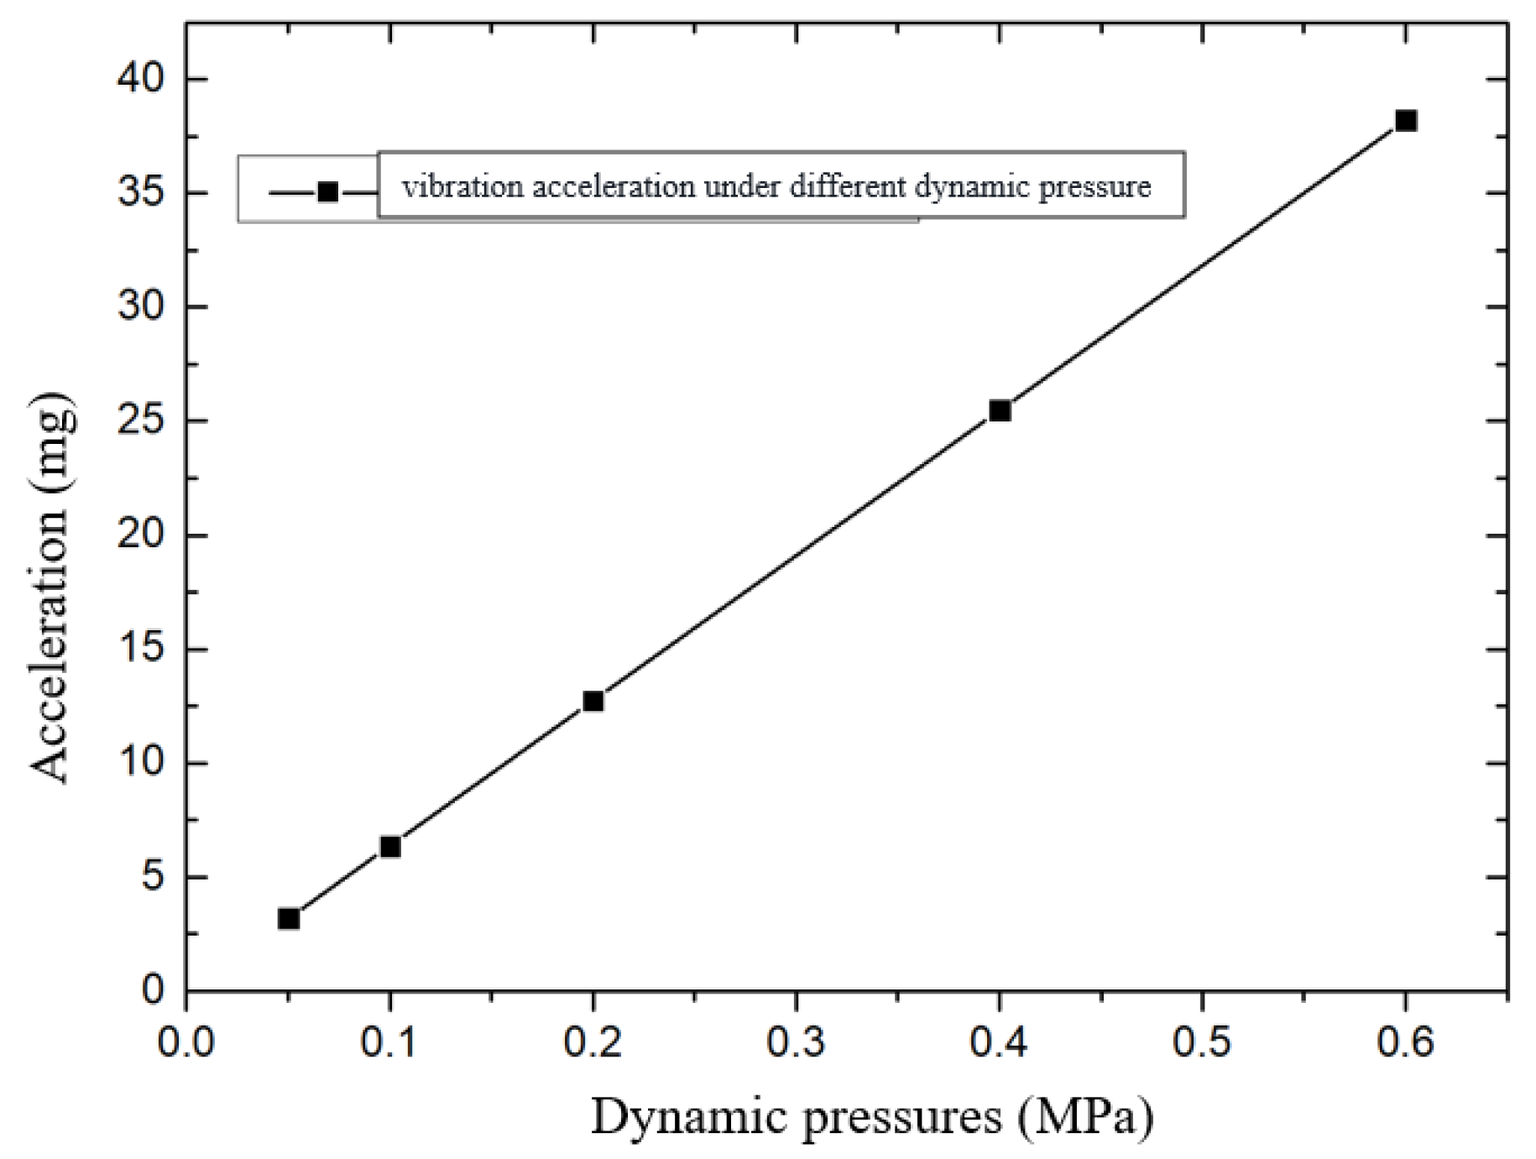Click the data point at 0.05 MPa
click(x=288, y=919)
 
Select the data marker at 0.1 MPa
click(x=389, y=847)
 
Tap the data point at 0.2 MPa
click(x=593, y=701)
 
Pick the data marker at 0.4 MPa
click(x=999, y=410)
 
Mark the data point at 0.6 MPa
click(x=1405, y=121)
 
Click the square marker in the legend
click(x=328, y=192)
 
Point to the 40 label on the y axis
click(x=141, y=79)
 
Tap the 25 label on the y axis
click(x=141, y=420)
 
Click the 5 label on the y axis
click(x=153, y=878)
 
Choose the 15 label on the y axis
click(x=141, y=650)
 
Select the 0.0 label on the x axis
click(x=185, y=1042)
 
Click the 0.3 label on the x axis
click(x=795, y=1042)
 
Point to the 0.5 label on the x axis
click(x=1201, y=1042)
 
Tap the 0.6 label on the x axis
click(x=1405, y=1042)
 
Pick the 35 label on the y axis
click(x=141, y=193)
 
